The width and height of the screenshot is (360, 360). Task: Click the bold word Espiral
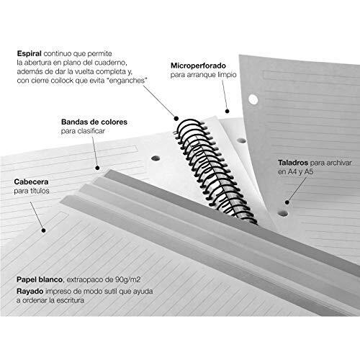point(30,53)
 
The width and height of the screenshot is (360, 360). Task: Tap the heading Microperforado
point(198,66)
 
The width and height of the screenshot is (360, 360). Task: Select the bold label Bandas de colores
point(94,122)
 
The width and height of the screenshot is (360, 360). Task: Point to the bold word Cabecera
point(31,181)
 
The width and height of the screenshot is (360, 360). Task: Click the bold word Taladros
point(293,163)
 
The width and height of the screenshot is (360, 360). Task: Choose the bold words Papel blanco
point(40,279)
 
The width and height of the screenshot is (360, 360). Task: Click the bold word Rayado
point(30,292)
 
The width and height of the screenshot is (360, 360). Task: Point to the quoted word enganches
point(128,81)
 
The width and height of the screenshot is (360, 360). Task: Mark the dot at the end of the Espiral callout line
point(176,118)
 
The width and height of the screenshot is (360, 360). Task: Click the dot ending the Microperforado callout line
point(227,111)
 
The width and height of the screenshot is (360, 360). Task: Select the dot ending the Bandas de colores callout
point(97,168)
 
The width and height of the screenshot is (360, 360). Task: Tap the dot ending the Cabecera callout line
point(43,230)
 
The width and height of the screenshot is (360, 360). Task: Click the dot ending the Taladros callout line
point(287,202)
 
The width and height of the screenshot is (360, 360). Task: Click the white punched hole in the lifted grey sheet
point(253,99)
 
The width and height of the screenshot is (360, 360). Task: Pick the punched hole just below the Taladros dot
point(283,213)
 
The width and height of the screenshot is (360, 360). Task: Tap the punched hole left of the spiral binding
point(156,158)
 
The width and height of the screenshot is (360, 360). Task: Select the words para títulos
point(32,191)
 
